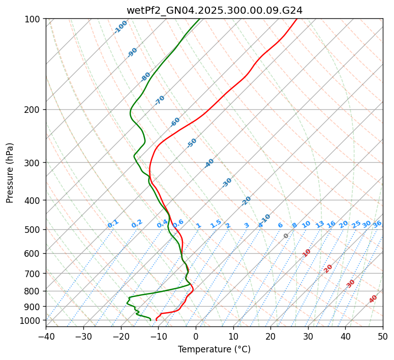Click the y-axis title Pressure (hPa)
click(10, 172)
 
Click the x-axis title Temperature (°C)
click(214, 349)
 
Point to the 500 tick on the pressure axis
click(34, 230)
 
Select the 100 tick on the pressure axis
click(34, 19)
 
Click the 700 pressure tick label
click(34, 274)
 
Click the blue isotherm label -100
click(120, 27)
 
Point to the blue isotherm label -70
click(160, 100)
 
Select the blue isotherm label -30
click(227, 183)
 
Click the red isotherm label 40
click(373, 299)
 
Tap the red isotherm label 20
click(328, 268)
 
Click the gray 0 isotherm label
click(286, 236)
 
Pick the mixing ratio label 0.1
click(113, 224)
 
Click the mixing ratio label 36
click(377, 224)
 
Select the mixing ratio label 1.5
click(216, 223)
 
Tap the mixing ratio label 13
click(320, 224)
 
